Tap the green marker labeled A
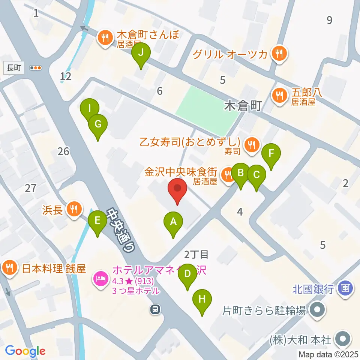coord(173,222)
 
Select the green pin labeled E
coord(97,221)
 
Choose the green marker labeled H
coord(202,300)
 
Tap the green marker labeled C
coord(256,175)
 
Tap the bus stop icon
coord(154,309)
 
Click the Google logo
coord(25,351)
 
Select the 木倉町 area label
coord(242,106)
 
